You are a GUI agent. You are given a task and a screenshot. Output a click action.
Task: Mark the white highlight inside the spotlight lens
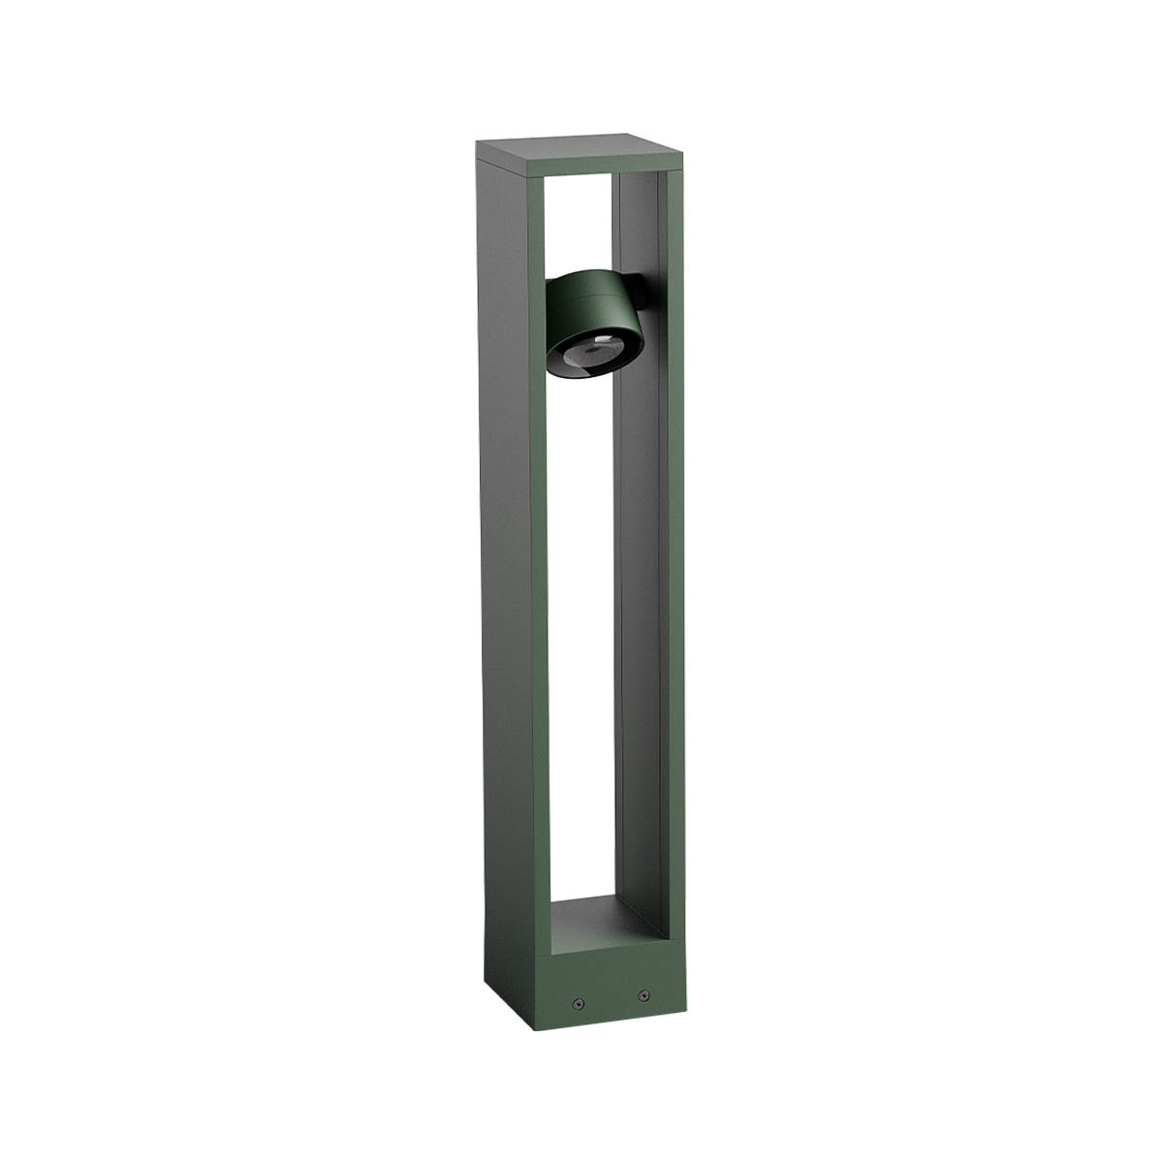pyautogui.click(x=602, y=340)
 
